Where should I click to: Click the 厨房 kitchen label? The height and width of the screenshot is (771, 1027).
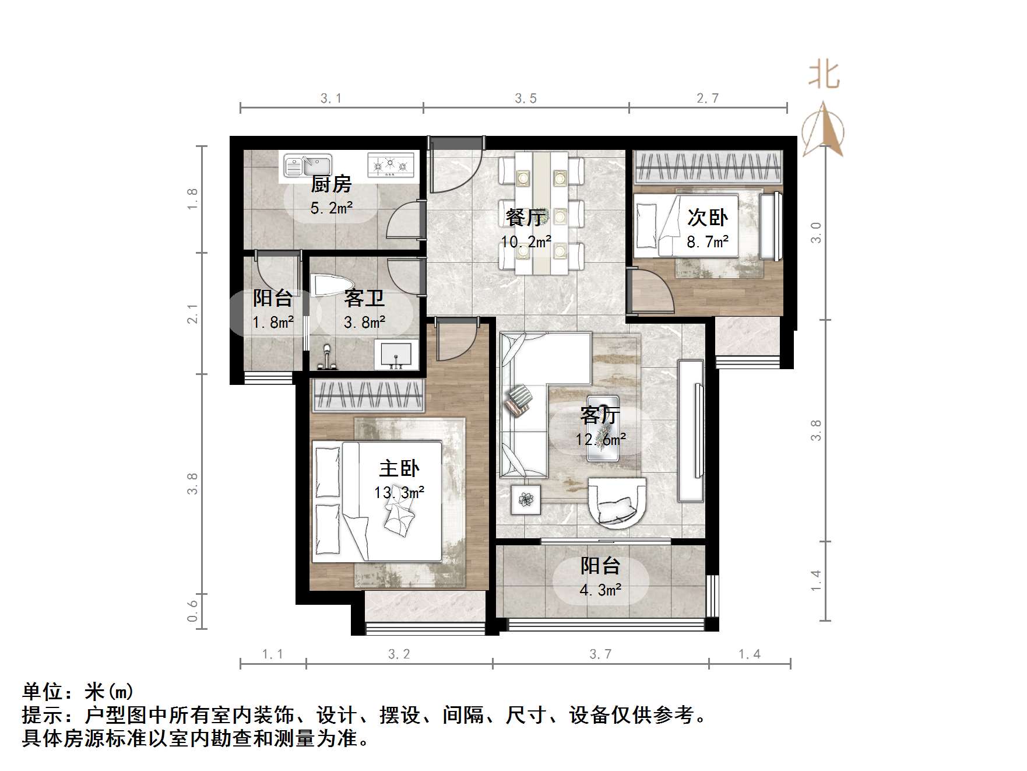331,184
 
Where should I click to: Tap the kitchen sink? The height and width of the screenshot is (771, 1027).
307,166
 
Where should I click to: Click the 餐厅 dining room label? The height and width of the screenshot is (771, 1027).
526,218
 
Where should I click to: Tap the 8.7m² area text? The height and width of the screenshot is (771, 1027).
708,241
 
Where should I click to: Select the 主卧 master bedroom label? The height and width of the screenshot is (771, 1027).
399,468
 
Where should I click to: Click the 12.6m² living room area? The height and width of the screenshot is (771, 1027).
601,439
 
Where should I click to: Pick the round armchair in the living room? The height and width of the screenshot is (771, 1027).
617,503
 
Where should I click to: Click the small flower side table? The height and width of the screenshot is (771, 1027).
526,500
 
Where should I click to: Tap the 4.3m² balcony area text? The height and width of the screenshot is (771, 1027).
600,590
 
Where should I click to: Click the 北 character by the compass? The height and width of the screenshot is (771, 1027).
824,76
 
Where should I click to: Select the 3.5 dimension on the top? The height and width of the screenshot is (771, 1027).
526,99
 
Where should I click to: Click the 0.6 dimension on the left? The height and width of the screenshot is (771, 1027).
192,611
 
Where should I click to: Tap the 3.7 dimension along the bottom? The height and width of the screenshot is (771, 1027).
600,654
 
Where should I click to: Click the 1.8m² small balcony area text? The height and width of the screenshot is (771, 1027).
273,322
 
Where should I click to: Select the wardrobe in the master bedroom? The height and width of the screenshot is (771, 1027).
368,394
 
